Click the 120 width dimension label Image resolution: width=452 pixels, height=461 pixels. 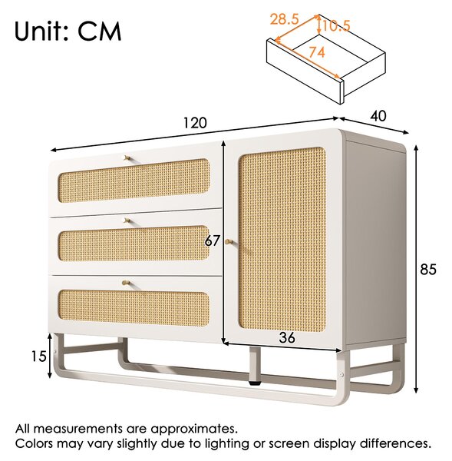point(195,123)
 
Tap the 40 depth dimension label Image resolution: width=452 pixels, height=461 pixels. point(378,116)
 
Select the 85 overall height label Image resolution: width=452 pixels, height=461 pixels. point(428,270)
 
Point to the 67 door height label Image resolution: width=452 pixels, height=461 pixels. point(212,241)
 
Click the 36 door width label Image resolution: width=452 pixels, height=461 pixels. point(287,338)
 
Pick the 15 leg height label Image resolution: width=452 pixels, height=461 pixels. point(39,357)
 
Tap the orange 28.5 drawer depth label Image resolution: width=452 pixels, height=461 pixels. point(284,19)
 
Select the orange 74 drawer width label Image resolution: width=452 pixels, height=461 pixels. point(317,52)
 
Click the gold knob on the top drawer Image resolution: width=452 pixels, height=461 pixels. point(127,158)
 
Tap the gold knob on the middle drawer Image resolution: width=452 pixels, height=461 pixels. point(127,221)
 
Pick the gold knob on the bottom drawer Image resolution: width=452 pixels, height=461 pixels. point(126,283)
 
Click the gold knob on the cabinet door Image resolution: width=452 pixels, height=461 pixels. point(229,242)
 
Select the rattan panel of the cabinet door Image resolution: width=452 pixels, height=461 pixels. point(282,239)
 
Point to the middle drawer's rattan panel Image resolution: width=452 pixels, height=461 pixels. point(134,243)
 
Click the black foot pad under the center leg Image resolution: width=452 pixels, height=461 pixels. point(254,383)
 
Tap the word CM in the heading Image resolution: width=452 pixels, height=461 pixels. point(100,32)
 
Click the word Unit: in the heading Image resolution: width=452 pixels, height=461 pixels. point(41,32)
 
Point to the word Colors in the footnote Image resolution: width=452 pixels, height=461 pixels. point(35,443)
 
